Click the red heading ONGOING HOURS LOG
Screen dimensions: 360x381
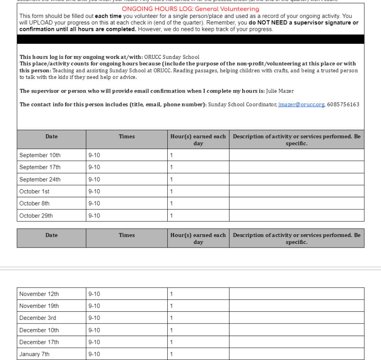(190, 9)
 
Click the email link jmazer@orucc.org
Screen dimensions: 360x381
(301, 105)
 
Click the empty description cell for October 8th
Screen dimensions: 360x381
(297, 203)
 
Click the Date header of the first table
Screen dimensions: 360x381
(52, 137)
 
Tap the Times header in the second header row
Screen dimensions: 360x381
(127, 235)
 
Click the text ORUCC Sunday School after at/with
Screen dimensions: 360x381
(172, 57)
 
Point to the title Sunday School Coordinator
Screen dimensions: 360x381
(242, 105)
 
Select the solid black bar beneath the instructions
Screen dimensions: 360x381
(190, 39)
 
